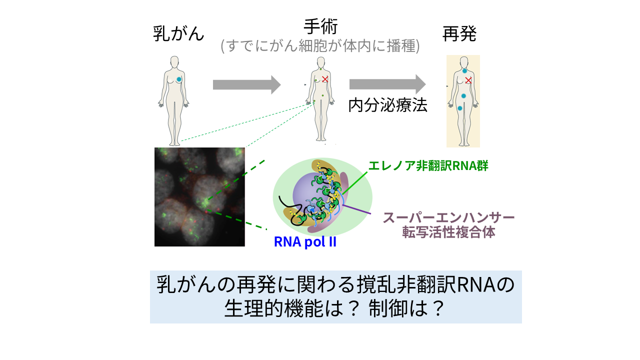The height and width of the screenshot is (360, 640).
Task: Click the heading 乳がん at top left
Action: pyautogui.click(x=178, y=34)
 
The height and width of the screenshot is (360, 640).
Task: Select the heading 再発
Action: pyautogui.click(x=459, y=34)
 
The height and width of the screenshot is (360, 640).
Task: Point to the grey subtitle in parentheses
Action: pyautogui.click(x=320, y=46)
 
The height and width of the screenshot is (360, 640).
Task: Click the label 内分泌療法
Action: pyautogui.click(x=387, y=105)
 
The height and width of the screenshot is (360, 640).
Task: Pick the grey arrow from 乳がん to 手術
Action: pyautogui.click(x=246, y=84)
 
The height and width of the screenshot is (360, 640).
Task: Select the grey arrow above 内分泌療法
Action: pyautogui.click(x=387, y=84)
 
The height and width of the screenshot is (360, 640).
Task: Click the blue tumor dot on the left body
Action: pyautogui.click(x=178, y=79)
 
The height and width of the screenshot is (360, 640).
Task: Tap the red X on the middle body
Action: pyautogui.click(x=325, y=78)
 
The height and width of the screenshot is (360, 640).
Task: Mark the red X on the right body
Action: pyautogui.click(x=468, y=80)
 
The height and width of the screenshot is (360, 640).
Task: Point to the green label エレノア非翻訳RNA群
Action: pyautogui.click(x=428, y=166)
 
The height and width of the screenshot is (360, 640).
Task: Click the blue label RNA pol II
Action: pyautogui.click(x=305, y=242)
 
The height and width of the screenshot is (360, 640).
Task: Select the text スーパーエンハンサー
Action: pyautogui.click(x=448, y=218)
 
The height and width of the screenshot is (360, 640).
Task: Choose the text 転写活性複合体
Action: pyautogui.click(x=448, y=232)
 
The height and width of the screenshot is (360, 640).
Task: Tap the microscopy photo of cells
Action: pyautogui.click(x=199, y=196)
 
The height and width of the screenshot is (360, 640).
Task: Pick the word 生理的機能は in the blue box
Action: pyautogui.click(x=284, y=308)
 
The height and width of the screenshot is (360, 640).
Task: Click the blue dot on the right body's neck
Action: pyautogui.click(x=464, y=71)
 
